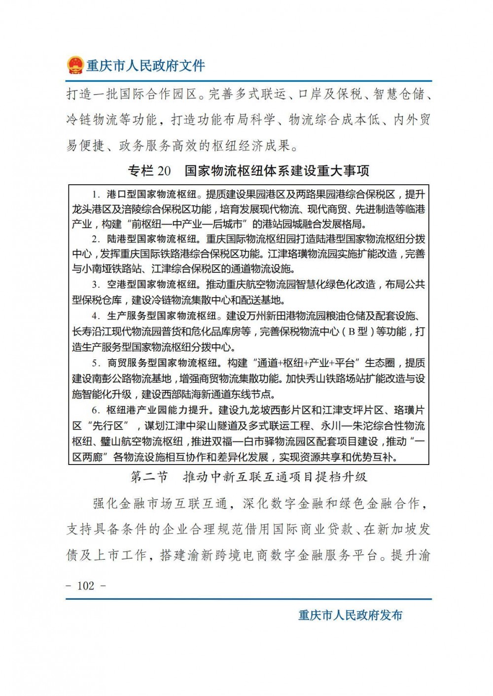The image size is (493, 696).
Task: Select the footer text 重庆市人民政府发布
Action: pyautogui.click(x=351, y=615)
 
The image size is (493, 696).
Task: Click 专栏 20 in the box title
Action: pyautogui.click(x=149, y=171)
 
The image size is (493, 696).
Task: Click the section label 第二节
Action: pyautogui.click(x=149, y=477)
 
